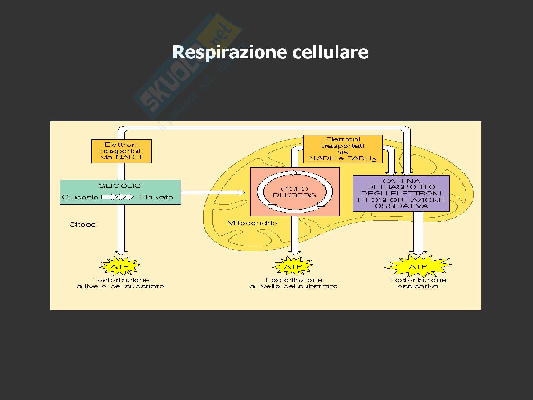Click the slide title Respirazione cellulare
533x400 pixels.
(x=270, y=52)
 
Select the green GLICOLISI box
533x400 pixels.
(x=120, y=192)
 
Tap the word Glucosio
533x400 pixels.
(x=80, y=197)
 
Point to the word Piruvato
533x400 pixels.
(x=156, y=197)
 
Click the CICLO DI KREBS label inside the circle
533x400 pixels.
(x=294, y=192)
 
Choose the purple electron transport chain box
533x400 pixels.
(x=401, y=193)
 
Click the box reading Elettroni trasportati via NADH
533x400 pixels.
(x=122, y=151)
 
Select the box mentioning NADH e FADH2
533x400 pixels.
(x=343, y=149)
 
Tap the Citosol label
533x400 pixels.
(x=84, y=225)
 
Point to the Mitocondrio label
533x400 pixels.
(x=252, y=223)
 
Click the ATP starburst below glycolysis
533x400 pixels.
(x=120, y=266)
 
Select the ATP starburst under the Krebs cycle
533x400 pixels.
(x=293, y=266)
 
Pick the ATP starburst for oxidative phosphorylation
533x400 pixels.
(x=418, y=266)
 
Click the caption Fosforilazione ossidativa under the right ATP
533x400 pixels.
(x=418, y=283)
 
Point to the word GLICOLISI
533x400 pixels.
(x=120, y=186)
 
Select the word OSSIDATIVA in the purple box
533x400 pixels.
(x=401, y=206)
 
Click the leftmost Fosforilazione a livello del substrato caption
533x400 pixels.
(x=120, y=283)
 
